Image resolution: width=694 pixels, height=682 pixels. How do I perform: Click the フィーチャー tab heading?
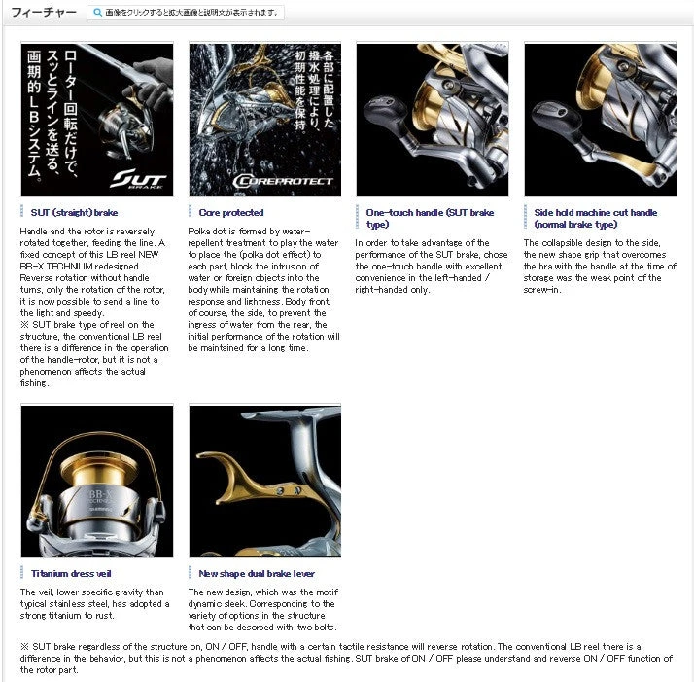coord(43,13)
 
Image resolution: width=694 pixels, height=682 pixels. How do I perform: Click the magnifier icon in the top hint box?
coord(95,13)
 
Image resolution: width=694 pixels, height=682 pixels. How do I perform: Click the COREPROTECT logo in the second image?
coord(283,180)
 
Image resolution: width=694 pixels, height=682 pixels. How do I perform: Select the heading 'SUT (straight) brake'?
coord(74,212)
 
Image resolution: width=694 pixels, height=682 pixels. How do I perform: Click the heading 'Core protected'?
coord(230,212)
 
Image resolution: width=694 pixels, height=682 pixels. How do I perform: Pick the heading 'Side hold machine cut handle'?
coord(595,218)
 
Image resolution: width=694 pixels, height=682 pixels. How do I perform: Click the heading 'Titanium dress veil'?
coord(71,574)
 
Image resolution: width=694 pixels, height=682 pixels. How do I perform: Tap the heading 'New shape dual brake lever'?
coord(256,574)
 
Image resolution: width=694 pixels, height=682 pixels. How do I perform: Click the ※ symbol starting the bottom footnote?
coord(24,646)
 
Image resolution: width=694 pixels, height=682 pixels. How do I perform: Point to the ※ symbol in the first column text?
coord(24,324)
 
